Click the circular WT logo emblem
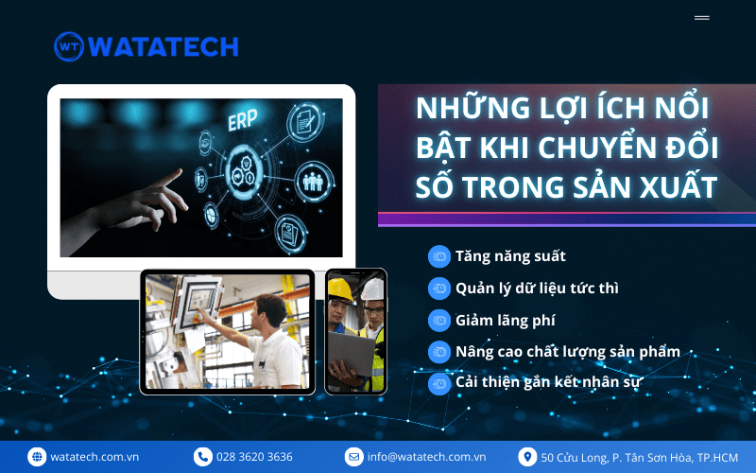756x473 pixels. click(69, 46)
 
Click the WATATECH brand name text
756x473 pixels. click(163, 46)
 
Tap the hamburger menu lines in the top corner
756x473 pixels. click(701, 18)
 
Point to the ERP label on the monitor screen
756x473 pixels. click(243, 120)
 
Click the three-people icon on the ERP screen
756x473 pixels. click(313, 182)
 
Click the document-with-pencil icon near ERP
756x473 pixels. click(304, 122)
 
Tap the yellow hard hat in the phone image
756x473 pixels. click(340, 290)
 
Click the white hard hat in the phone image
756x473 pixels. click(373, 289)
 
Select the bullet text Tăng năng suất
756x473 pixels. click(510, 256)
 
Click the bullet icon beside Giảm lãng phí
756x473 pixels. click(439, 320)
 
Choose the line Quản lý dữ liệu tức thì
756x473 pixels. click(537, 289)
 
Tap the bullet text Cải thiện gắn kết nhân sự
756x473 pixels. click(548, 382)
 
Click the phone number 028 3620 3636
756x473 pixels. click(254, 457)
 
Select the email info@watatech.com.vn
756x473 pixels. click(426, 457)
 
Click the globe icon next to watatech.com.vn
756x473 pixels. click(37, 457)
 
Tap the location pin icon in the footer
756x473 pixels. click(527, 457)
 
